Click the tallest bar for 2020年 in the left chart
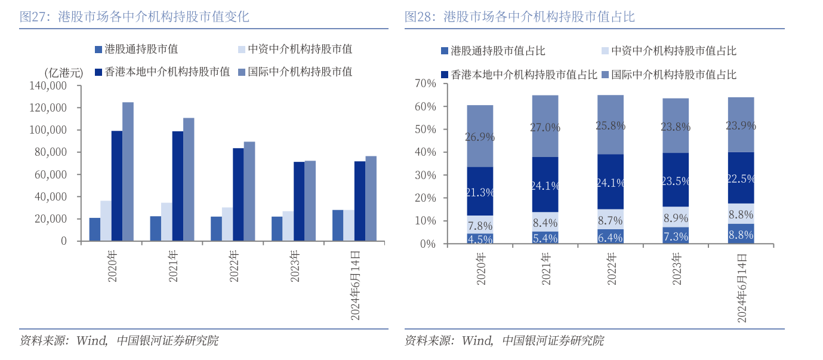128,172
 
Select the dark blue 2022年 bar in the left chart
238,195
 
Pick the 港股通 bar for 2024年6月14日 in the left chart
338,226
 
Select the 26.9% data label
480,137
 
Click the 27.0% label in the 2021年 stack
545,127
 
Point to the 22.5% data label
741,178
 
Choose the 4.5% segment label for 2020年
480,239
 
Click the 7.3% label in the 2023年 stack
676,236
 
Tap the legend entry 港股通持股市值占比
498,51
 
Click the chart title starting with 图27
134,17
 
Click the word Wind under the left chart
91,341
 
